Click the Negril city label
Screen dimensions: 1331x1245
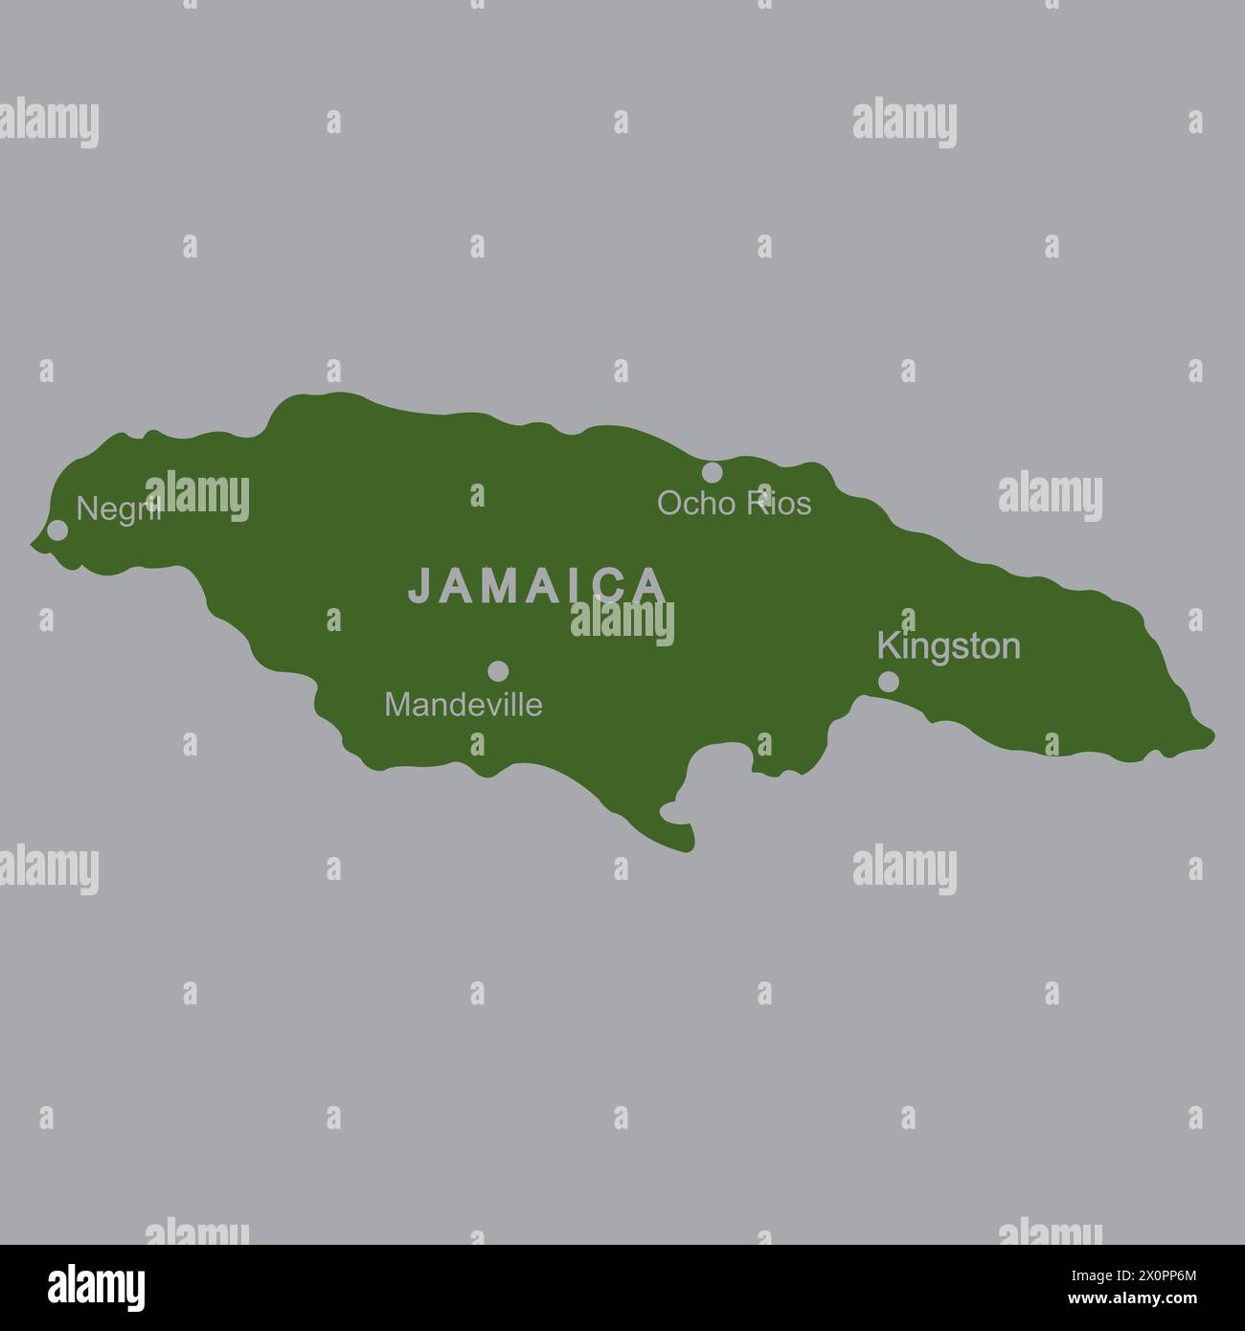pyautogui.click(x=117, y=508)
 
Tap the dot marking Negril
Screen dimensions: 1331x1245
pyautogui.click(x=57, y=530)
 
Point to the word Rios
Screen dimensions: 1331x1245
pyautogui.click(x=779, y=504)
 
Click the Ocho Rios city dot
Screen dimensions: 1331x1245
pyautogui.click(x=712, y=472)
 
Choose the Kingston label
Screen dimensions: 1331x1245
pyautogui.click(x=948, y=647)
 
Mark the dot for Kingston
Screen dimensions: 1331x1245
pyautogui.click(x=889, y=682)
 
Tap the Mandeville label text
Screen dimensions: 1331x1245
pyautogui.click(x=463, y=705)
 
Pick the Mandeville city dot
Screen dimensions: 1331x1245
pyautogui.click(x=498, y=671)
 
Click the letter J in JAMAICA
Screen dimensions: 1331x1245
pyautogui.click(x=419, y=586)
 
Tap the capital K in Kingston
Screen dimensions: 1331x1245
pyautogui.click(x=888, y=645)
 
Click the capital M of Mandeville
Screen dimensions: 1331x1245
pyautogui.click(x=395, y=705)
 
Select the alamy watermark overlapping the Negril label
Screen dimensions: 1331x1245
pyautogui.click(x=197, y=496)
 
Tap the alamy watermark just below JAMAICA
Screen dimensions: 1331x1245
pyautogui.click(x=622, y=622)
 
